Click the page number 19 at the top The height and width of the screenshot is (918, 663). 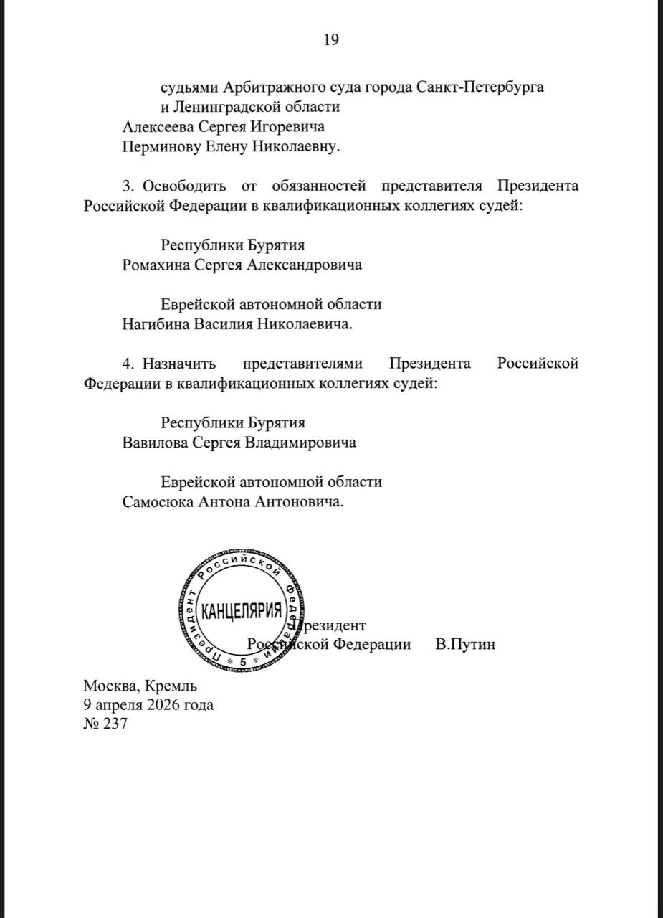click(331, 39)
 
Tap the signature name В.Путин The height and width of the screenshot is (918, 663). click(465, 644)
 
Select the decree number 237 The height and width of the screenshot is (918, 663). click(115, 724)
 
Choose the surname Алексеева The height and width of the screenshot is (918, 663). click(158, 127)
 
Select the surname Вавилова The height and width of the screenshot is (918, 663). click(155, 443)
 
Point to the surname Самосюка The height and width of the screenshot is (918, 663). click(158, 502)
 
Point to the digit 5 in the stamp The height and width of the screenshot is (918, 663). click(242, 661)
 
